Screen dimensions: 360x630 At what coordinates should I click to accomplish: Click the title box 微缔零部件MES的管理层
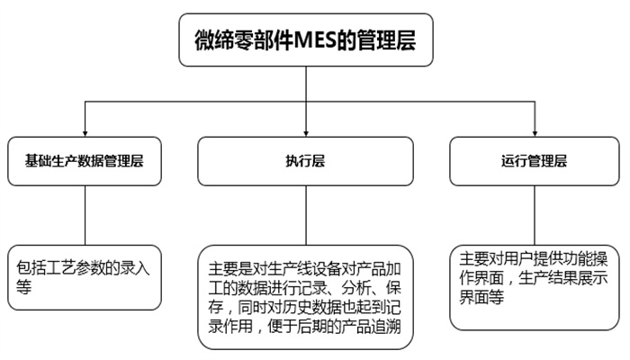[x=306, y=39]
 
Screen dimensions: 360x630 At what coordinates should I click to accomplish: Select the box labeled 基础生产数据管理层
[x=85, y=162]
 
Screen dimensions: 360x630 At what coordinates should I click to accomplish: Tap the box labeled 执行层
[x=306, y=162]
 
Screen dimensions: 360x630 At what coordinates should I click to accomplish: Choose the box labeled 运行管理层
[x=533, y=162]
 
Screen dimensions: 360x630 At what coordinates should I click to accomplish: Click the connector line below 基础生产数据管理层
[x=85, y=216]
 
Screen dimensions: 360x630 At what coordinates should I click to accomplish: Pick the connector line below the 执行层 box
[x=306, y=216]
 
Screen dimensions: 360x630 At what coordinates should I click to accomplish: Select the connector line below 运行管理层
[x=533, y=216]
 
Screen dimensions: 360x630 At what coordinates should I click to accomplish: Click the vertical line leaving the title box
[x=306, y=85]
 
